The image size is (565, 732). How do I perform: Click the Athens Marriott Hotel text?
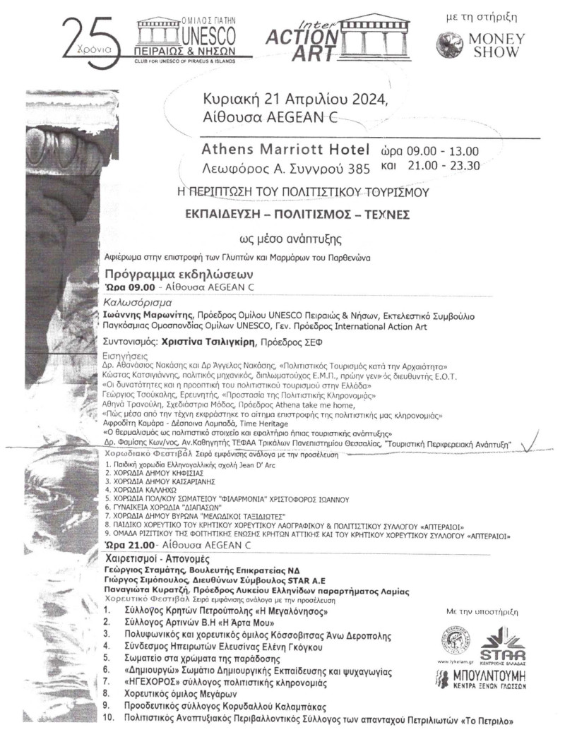(x=285, y=150)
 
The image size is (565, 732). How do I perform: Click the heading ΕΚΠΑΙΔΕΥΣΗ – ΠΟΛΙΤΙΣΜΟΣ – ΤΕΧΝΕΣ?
(x=304, y=213)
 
